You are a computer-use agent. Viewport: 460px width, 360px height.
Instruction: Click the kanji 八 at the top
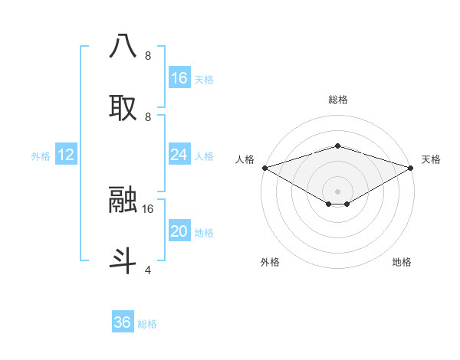point(123,46)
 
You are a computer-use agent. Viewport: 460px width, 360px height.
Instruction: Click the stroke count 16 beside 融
point(148,208)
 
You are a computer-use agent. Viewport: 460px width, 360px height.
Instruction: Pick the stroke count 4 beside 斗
point(148,270)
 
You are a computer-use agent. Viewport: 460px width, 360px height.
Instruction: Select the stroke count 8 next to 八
point(148,55)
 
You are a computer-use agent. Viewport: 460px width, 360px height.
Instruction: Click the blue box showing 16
point(179,78)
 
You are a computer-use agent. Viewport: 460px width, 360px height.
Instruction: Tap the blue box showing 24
point(179,155)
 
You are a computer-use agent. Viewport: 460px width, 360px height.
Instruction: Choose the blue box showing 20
point(179,231)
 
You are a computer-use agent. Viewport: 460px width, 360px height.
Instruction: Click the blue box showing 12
point(66,155)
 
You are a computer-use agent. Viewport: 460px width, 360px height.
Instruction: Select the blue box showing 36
point(123,322)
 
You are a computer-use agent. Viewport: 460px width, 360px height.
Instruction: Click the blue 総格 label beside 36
point(147,324)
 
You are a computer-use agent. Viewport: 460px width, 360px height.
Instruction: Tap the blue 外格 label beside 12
point(41,156)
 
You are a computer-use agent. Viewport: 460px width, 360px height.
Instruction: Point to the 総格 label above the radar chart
point(338,100)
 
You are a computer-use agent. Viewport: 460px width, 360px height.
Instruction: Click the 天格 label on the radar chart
point(431,159)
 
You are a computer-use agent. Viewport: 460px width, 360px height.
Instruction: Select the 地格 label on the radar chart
point(402,262)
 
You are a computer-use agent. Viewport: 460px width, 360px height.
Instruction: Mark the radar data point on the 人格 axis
point(264,167)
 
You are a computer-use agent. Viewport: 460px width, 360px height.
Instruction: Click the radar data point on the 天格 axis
point(411,167)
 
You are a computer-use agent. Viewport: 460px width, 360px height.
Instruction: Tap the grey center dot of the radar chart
point(338,191)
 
